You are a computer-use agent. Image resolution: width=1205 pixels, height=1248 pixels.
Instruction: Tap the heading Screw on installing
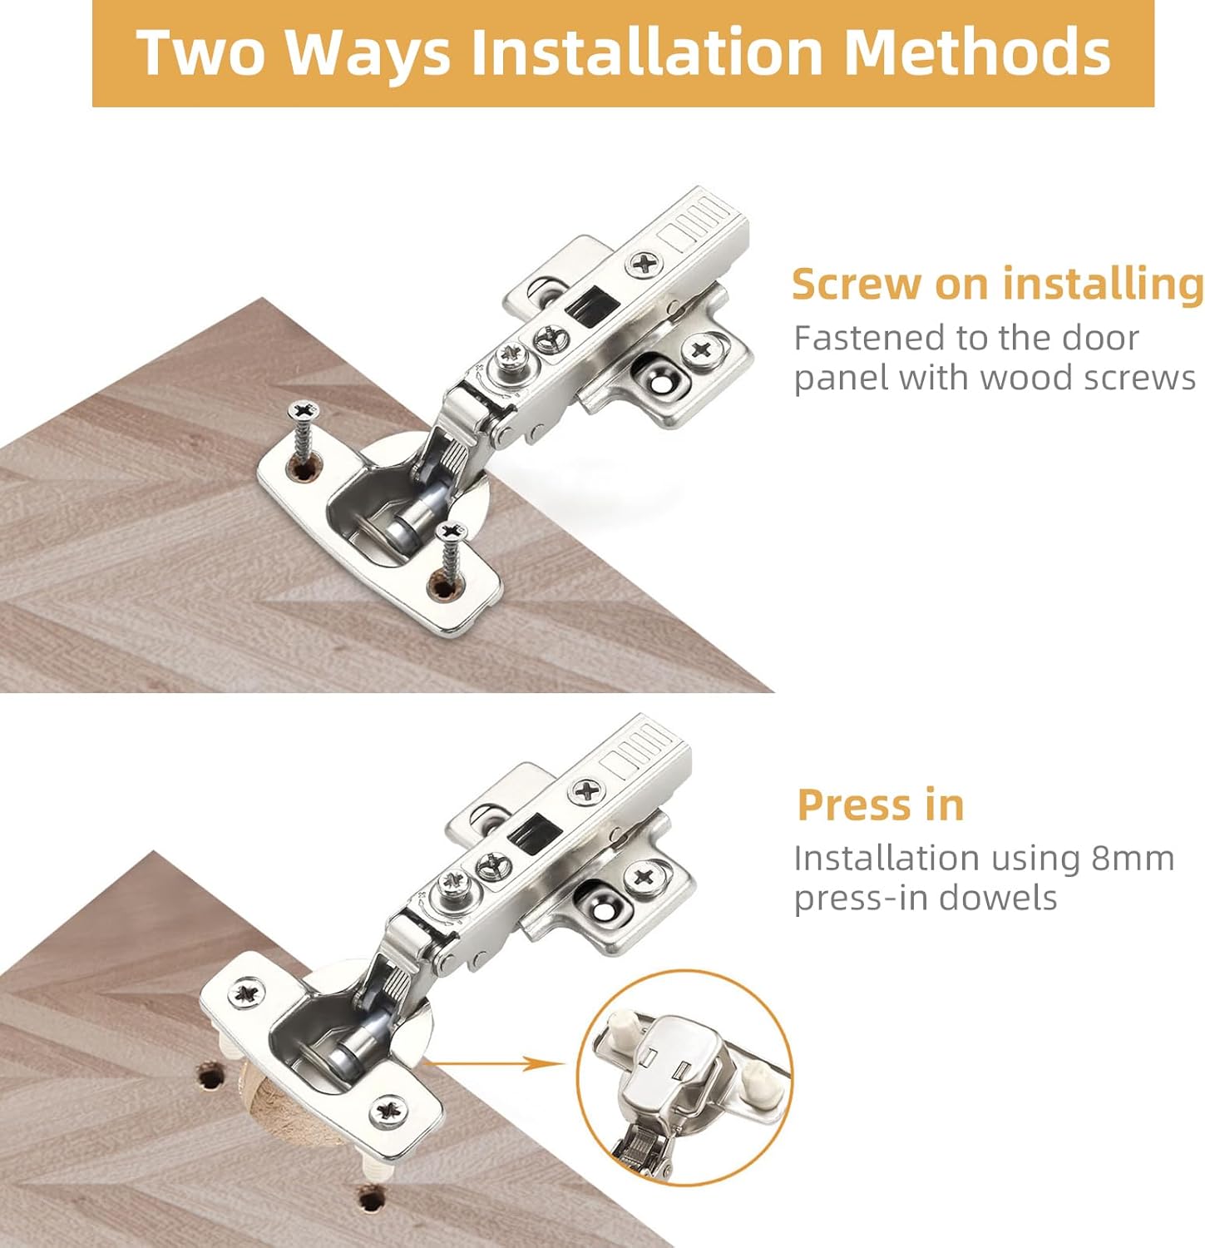pyautogui.click(x=996, y=284)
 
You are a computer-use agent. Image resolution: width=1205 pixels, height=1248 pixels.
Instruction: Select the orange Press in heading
pyautogui.click(x=880, y=805)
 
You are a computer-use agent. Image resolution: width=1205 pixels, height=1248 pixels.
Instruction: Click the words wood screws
pyautogui.click(x=1087, y=378)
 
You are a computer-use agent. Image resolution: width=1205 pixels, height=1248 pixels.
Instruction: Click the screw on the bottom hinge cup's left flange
pyautogui.click(x=247, y=993)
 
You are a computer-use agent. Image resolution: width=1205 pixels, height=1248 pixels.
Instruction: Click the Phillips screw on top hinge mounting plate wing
pyautogui.click(x=701, y=348)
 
